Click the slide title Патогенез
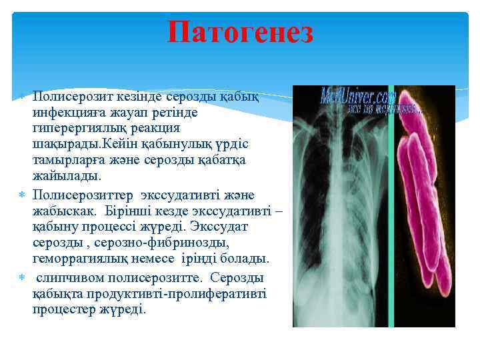tap(240, 33)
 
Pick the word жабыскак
tap(64, 211)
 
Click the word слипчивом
tap(66, 277)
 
